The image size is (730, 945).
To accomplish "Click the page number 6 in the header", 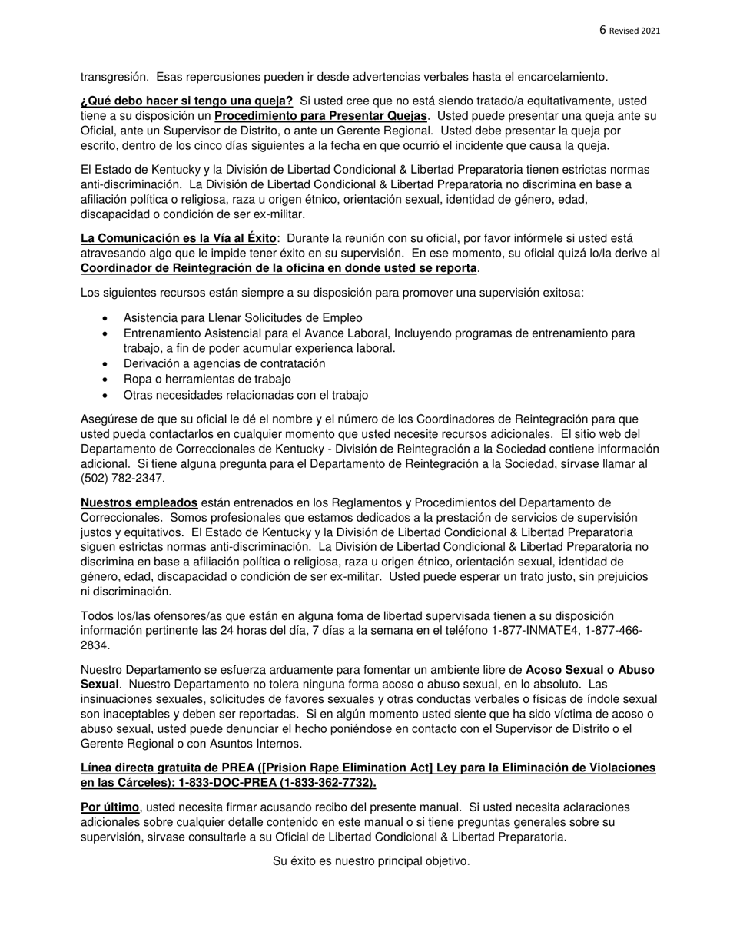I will [x=602, y=30].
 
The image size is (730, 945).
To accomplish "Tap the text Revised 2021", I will [x=635, y=31].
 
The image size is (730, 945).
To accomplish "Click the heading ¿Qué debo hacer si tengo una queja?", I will [x=187, y=101].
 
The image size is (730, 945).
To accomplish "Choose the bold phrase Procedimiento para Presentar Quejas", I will [x=320, y=116].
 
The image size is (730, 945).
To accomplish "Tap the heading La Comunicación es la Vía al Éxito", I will [x=178, y=238].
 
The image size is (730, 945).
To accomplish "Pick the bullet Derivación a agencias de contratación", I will [x=224, y=363].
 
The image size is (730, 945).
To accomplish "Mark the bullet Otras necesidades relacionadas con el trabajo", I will [x=245, y=395].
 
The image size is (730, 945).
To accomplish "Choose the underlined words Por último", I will [x=110, y=807].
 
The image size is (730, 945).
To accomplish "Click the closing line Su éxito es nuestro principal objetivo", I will [x=371, y=860].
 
